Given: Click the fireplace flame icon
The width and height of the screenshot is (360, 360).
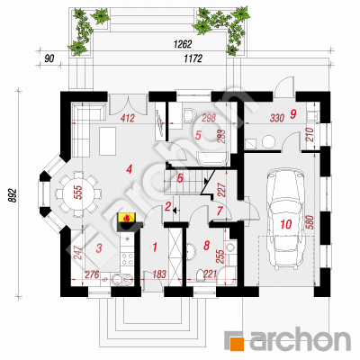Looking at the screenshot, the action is pyautogui.click(x=127, y=218).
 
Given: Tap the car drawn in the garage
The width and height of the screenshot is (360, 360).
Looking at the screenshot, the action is pyautogui.click(x=285, y=218).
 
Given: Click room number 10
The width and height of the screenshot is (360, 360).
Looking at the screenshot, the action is pyautogui.click(x=286, y=224).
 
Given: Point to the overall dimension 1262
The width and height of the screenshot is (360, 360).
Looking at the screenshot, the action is pyautogui.click(x=183, y=44).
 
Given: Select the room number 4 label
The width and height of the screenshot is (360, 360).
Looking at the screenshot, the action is pyautogui.click(x=129, y=170).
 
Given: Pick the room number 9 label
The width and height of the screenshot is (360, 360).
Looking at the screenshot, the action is pyautogui.click(x=293, y=113).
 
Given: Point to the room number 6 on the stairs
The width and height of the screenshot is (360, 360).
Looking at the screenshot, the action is pyautogui.click(x=180, y=178).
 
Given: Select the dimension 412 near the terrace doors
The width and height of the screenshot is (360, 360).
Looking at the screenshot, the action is pyautogui.click(x=128, y=119).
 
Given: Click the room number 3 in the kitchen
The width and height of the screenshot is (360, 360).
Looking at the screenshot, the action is pyautogui.click(x=99, y=248).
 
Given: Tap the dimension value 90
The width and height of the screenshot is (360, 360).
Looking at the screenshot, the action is pyautogui.click(x=49, y=58).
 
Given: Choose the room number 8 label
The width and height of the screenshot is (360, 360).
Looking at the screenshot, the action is pyautogui.click(x=206, y=246).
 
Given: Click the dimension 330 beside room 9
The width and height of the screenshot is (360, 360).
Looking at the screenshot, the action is pyautogui.click(x=277, y=118).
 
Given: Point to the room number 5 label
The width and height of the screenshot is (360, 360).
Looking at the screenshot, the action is pyautogui.click(x=198, y=135).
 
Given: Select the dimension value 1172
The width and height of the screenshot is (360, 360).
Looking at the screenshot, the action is pyautogui.click(x=193, y=58).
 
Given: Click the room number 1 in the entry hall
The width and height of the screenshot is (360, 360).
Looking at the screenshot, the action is pyautogui.click(x=155, y=247).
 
